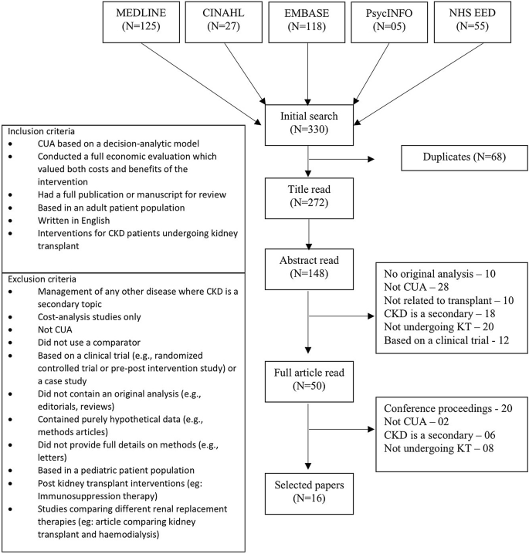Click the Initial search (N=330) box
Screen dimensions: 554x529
point(308,123)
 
